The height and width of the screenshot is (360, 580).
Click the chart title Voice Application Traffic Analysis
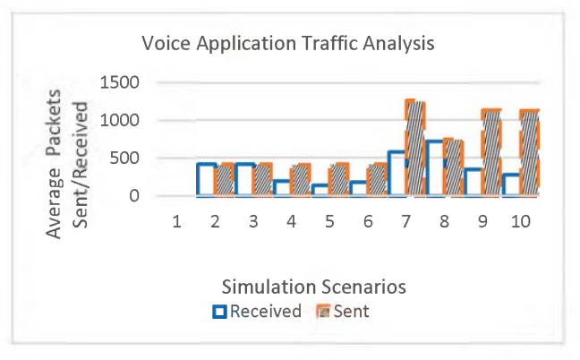click(x=288, y=43)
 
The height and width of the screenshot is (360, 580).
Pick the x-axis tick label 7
click(x=406, y=220)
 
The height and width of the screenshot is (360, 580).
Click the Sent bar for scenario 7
click(x=414, y=148)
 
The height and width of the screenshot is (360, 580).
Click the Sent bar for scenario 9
click(x=491, y=152)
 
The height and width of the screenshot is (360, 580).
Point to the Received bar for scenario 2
click(x=206, y=179)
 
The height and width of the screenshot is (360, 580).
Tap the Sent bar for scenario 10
click(x=529, y=152)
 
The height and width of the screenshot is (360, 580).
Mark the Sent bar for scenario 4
click(x=300, y=179)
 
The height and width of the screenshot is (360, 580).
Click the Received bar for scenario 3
click(x=244, y=179)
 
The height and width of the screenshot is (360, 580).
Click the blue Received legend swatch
click(x=218, y=312)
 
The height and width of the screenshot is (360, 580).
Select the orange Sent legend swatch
click(x=323, y=312)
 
